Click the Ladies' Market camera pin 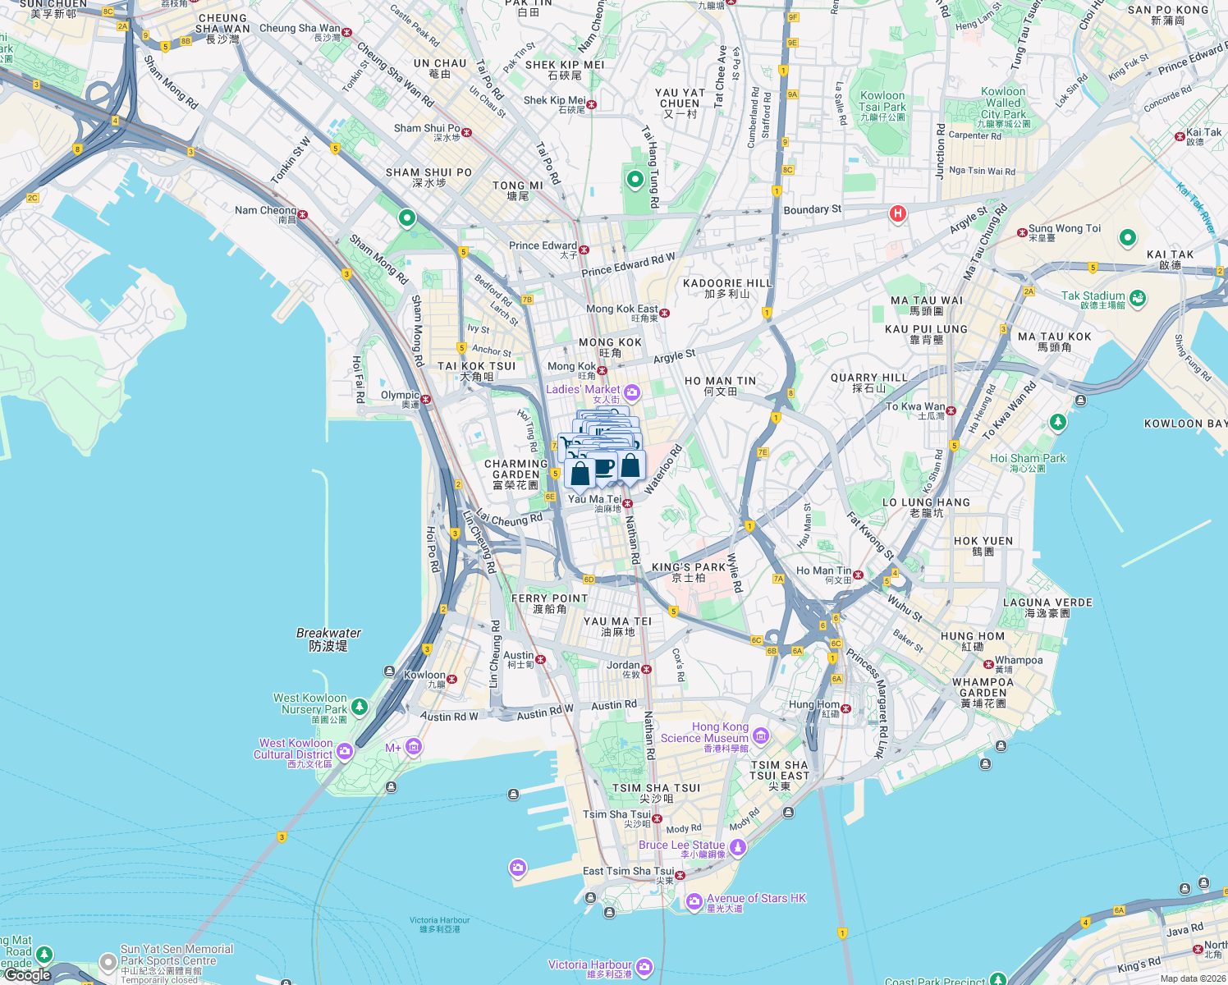[x=631, y=392]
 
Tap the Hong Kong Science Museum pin [x=760, y=735]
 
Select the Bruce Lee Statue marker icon [x=738, y=846]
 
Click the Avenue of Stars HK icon [x=694, y=901]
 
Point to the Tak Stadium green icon [x=1138, y=298]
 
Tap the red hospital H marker [x=897, y=214]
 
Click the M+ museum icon [x=414, y=746]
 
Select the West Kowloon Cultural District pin [x=345, y=750]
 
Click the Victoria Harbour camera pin [x=644, y=967]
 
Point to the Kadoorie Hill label [x=727, y=287]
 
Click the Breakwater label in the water [x=328, y=639]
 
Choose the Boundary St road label [x=812, y=209]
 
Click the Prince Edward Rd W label [x=628, y=264]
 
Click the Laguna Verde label [x=1047, y=607]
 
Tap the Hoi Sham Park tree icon [x=1058, y=422]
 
